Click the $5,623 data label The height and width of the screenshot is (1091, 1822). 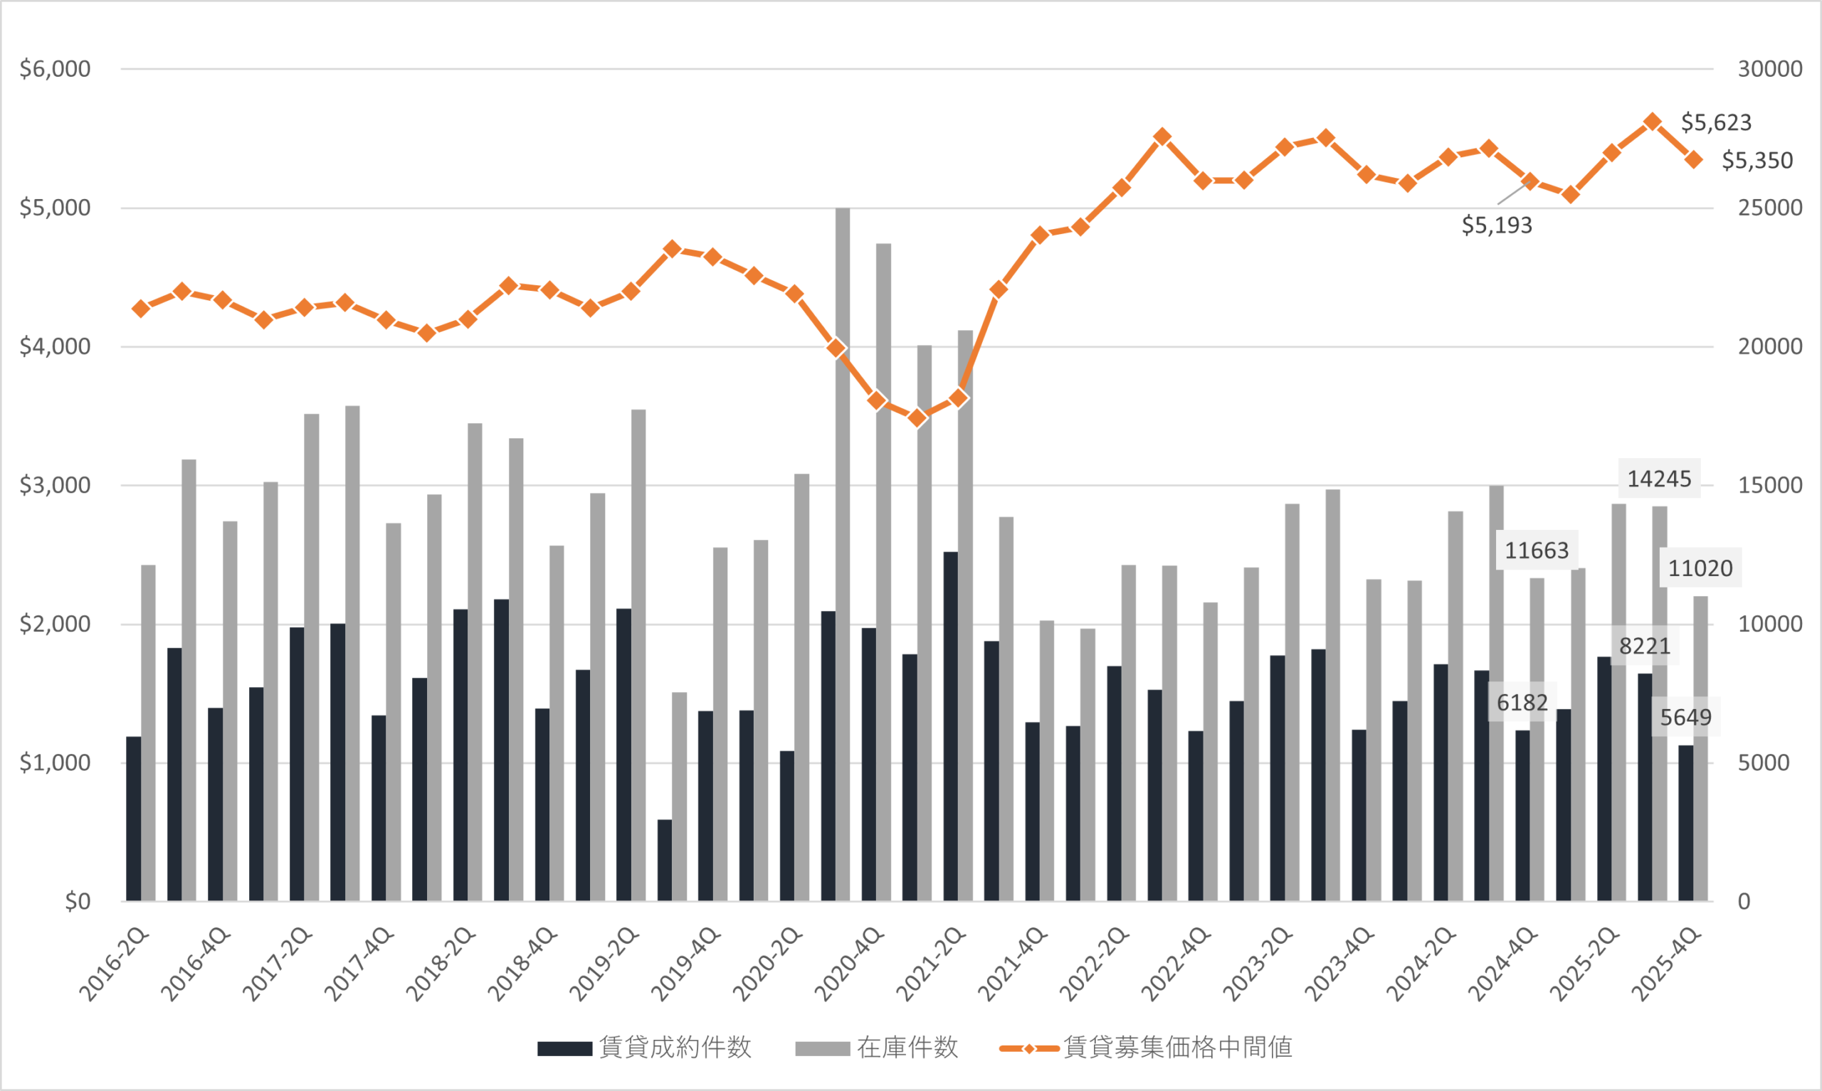(1716, 123)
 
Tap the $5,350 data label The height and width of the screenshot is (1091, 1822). (1757, 161)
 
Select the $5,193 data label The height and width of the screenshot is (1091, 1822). (1496, 225)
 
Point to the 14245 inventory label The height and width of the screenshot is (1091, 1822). (1659, 479)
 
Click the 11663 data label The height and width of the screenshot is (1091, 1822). (1537, 550)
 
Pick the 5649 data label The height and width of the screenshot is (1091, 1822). (1686, 718)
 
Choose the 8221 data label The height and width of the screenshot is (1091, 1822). (1645, 646)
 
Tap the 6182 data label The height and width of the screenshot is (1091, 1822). (1522, 703)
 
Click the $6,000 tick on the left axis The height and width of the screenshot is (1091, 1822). (56, 69)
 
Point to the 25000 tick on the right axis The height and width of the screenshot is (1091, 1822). (1770, 208)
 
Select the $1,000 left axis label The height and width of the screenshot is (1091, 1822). (56, 763)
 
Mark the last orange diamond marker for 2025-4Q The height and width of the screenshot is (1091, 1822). (1693, 159)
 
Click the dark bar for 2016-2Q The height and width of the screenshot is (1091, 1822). (134, 818)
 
